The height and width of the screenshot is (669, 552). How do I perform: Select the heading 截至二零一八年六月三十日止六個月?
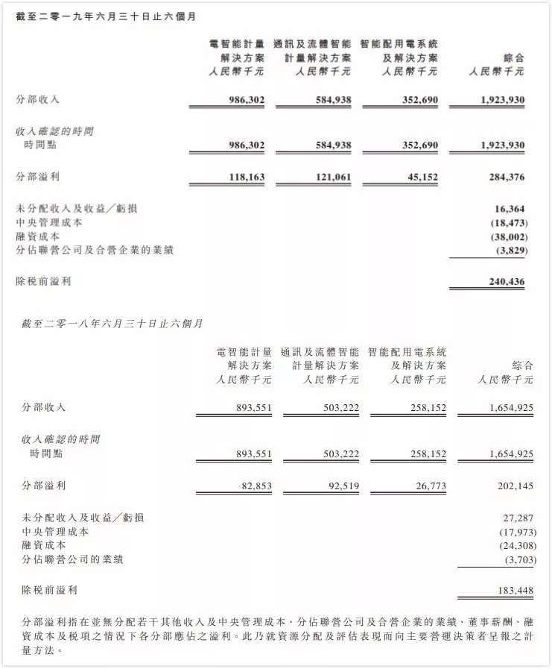(113, 324)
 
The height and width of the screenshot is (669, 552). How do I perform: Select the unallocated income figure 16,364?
(510, 209)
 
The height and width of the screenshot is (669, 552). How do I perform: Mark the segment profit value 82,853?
(253, 486)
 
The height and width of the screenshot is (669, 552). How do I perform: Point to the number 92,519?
(340, 486)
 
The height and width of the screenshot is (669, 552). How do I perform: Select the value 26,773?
(428, 486)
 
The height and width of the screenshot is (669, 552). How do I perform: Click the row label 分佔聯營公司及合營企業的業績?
(95, 251)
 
